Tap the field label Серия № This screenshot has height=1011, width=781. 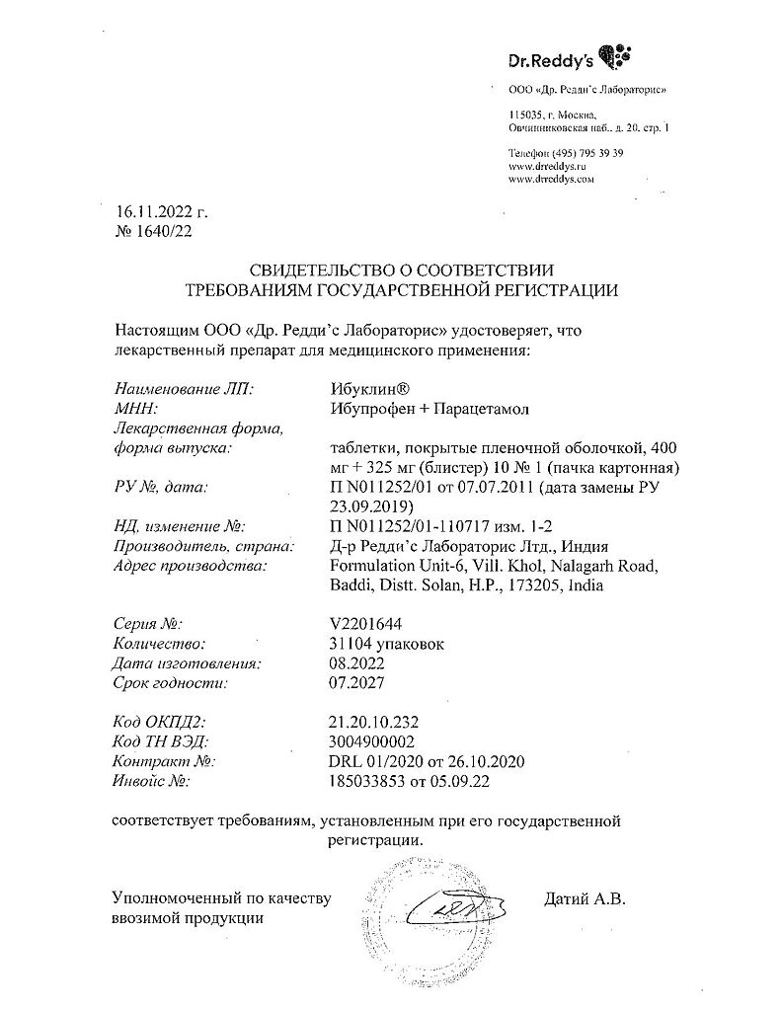click(x=149, y=624)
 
